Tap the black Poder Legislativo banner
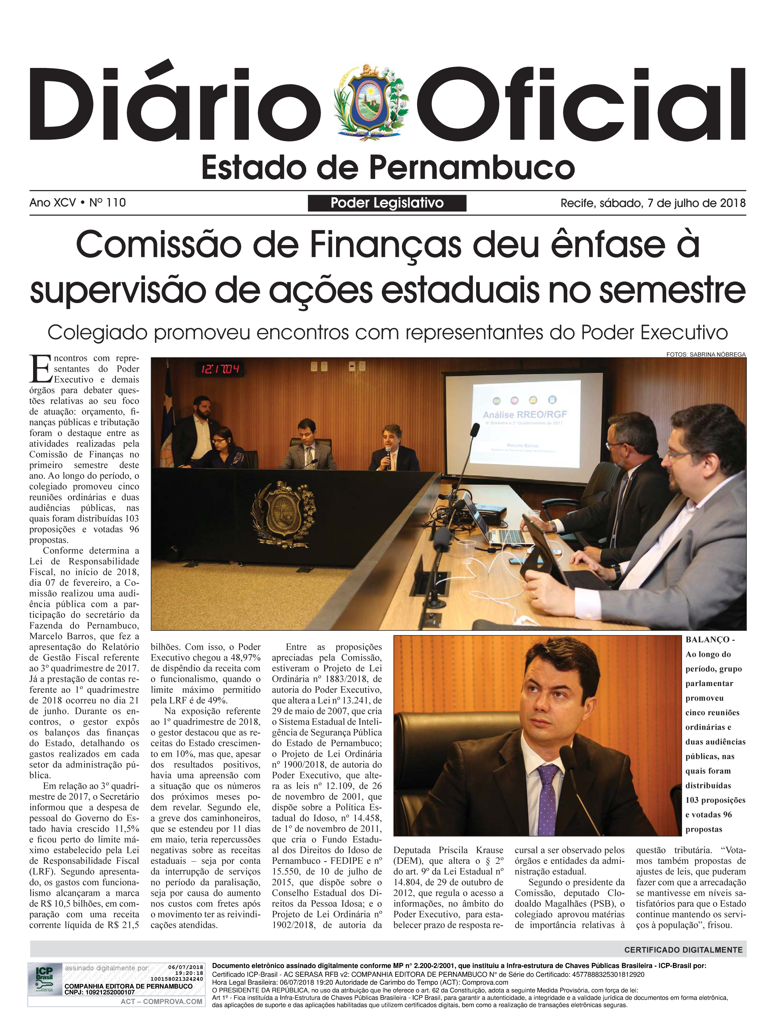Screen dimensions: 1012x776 pyautogui.click(x=387, y=203)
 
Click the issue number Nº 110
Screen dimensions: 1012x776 pyautogui.click(x=108, y=203)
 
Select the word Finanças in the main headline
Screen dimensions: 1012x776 pyautogui.click(x=385, y=245)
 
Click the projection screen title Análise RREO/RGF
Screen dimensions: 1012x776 pyautogui.click(x=525, y=414)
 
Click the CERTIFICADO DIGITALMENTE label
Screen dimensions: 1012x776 pyautogui.click(x=683, y=950)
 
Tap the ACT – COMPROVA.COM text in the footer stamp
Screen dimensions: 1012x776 pyautogui.click(x=161, y=1001)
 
